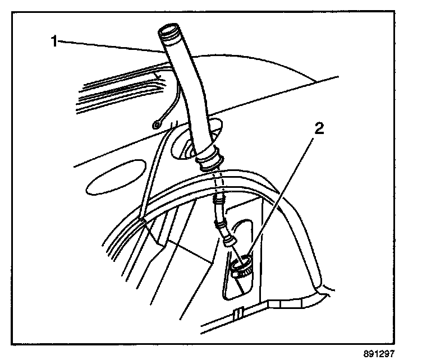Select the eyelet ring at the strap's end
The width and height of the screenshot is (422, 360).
pyautogui.click(x=157, y=124)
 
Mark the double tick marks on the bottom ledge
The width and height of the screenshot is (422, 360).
pyautogui.click(x=240, y=312)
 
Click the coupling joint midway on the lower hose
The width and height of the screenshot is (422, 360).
pyautogui.click(x=221, y=225)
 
